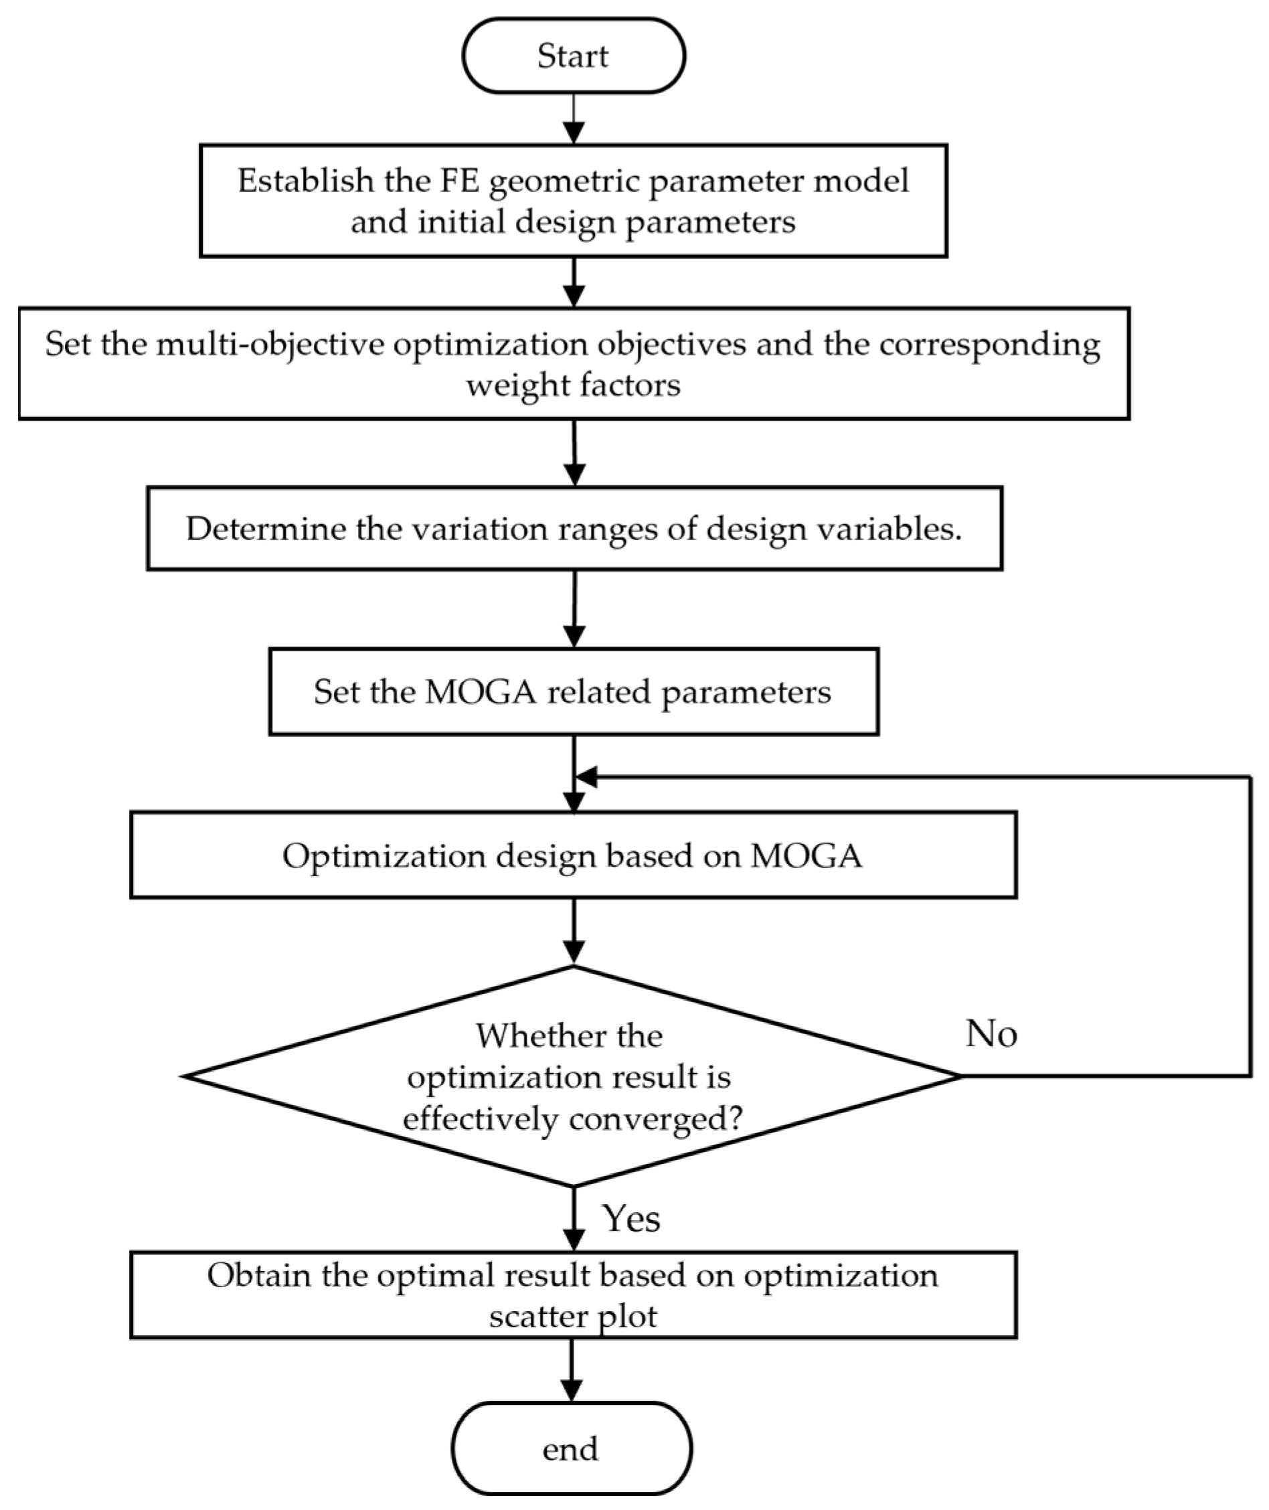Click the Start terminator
click(x=574, y=56)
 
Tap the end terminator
click(x=571, y=1449)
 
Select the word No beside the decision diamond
click(x=991, y=1033)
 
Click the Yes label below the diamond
click(x=632, y=1219)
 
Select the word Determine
click(x=266, y=529)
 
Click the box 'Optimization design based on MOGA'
click(x=574, y=855)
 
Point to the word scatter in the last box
click(x=531, y=1316)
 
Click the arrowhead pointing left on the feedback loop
click(x=586, y=777)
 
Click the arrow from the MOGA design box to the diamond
click(x=574, y=931)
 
